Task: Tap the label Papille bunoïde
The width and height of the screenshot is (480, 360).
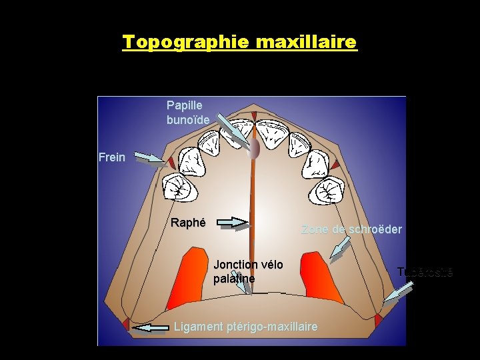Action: point(187,113)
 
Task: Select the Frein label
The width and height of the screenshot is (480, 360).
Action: point(111,157)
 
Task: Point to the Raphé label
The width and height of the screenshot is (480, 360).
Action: point(188,223)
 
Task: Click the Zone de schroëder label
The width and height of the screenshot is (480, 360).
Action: point(351,229)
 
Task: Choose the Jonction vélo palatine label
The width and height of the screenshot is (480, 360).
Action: point(248,271)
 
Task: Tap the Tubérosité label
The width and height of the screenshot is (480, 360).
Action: point(425,271)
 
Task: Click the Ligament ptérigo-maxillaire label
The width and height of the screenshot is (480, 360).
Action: point(245,327)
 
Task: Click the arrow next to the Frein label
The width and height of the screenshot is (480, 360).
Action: point(150,158)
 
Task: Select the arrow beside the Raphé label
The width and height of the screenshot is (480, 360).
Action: point(233,223)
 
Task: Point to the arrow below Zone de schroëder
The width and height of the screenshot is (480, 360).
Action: point(341,249)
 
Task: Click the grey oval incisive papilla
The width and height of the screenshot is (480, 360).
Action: point(253,149)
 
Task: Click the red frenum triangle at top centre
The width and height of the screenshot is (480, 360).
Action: point(253,116)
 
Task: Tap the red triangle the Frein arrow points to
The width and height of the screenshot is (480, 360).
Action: point(171,163)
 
